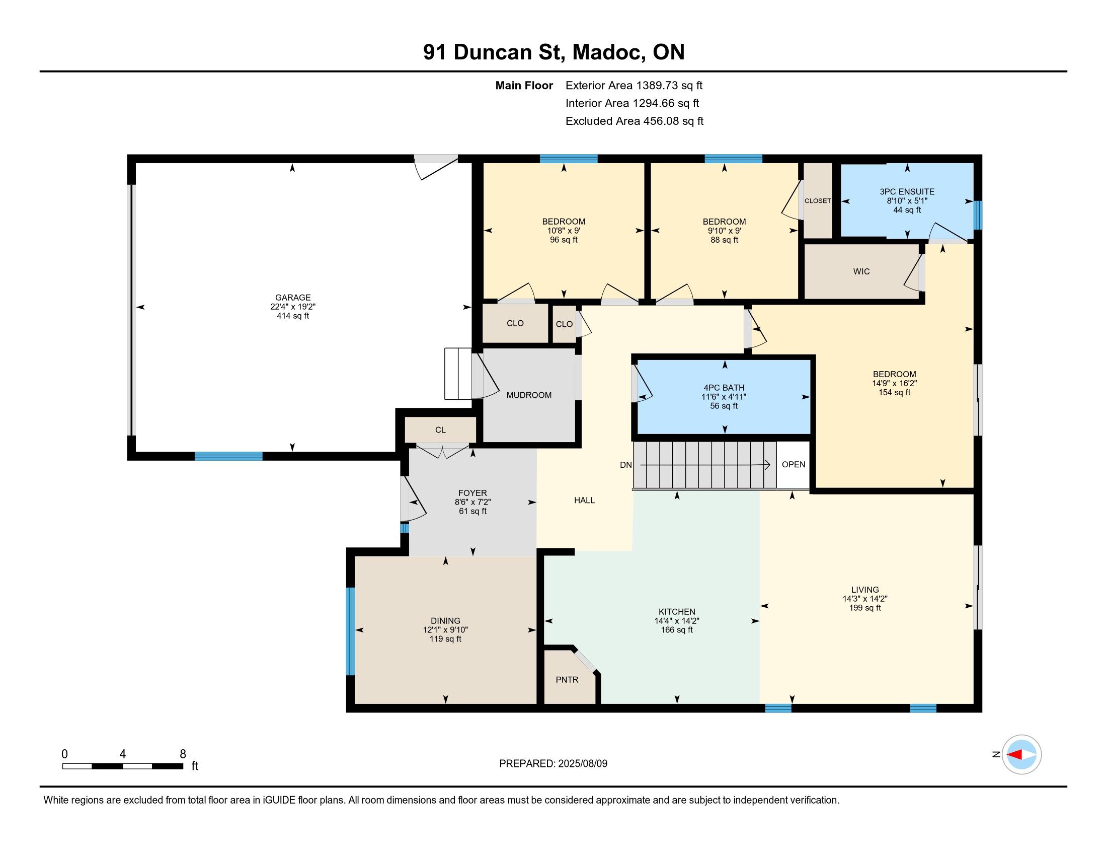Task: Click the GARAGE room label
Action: [293, 298]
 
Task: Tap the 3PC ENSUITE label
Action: [907, 192]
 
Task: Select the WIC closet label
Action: [861, 272]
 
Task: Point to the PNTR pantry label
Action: [567, 680]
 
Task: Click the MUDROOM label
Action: [529, 396]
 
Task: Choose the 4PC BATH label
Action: [723, 388]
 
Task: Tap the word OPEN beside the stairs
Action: [793, 465]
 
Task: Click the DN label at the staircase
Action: [626, 465]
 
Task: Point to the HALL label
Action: [584, 501]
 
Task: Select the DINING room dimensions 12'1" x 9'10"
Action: [445, 630]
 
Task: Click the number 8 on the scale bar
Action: [183, 754]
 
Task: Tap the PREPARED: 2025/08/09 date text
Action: [553, 764]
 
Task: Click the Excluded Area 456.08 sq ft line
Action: [634, 121]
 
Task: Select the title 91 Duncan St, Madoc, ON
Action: [554, 52]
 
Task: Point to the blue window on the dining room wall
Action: [350, 631]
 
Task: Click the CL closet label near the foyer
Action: [440, 430]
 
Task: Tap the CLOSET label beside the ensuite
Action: [818, 201]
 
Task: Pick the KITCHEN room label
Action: [677, 612]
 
